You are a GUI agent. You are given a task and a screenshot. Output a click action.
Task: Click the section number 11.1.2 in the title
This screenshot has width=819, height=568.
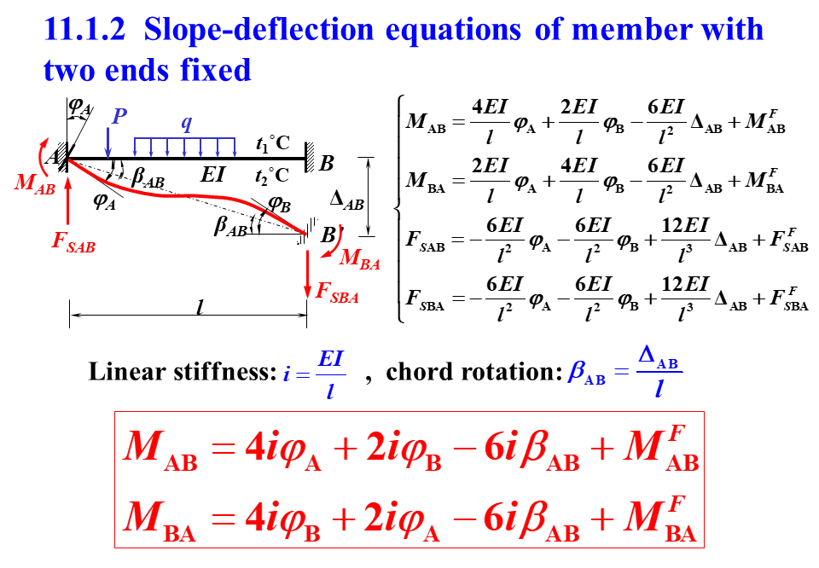[84, 31]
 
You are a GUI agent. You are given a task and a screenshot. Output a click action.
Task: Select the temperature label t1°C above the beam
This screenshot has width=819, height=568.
[273, 144]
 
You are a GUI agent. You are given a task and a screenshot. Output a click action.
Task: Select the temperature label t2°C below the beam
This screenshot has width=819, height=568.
[273, 176]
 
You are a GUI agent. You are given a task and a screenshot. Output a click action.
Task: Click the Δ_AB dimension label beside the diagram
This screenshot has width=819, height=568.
[346, 201]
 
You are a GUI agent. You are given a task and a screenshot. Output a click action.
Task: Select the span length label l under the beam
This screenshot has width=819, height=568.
[199, 309]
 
